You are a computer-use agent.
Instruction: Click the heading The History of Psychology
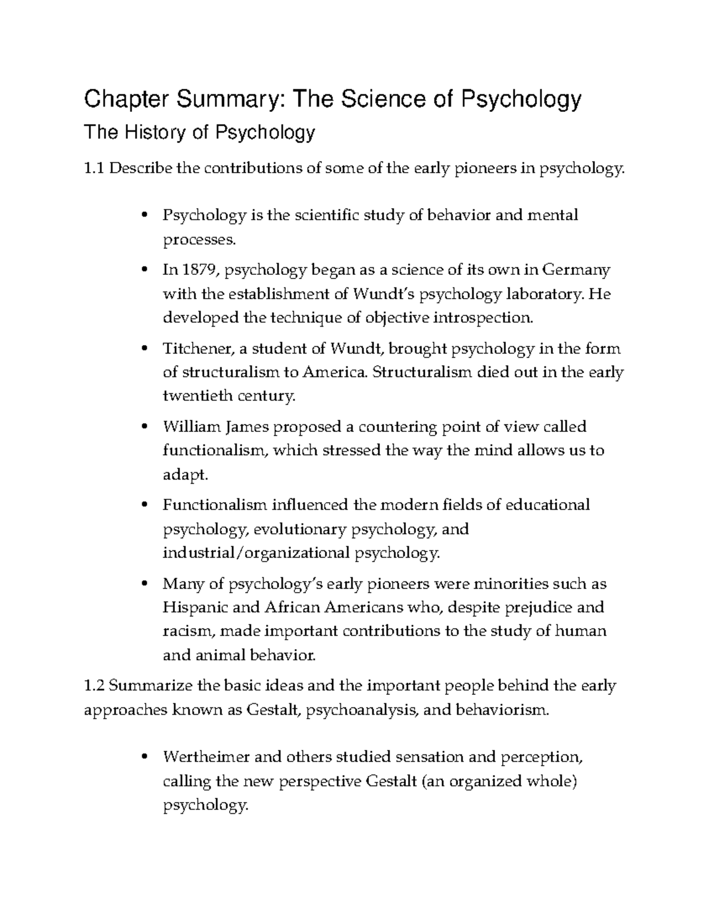pyautogui.click(x=199, y=133)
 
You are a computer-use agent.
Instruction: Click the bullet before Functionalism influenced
pyautogui.click(x=144, y=506)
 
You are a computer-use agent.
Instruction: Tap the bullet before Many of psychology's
pyautogui.click(x=144, y=584)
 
